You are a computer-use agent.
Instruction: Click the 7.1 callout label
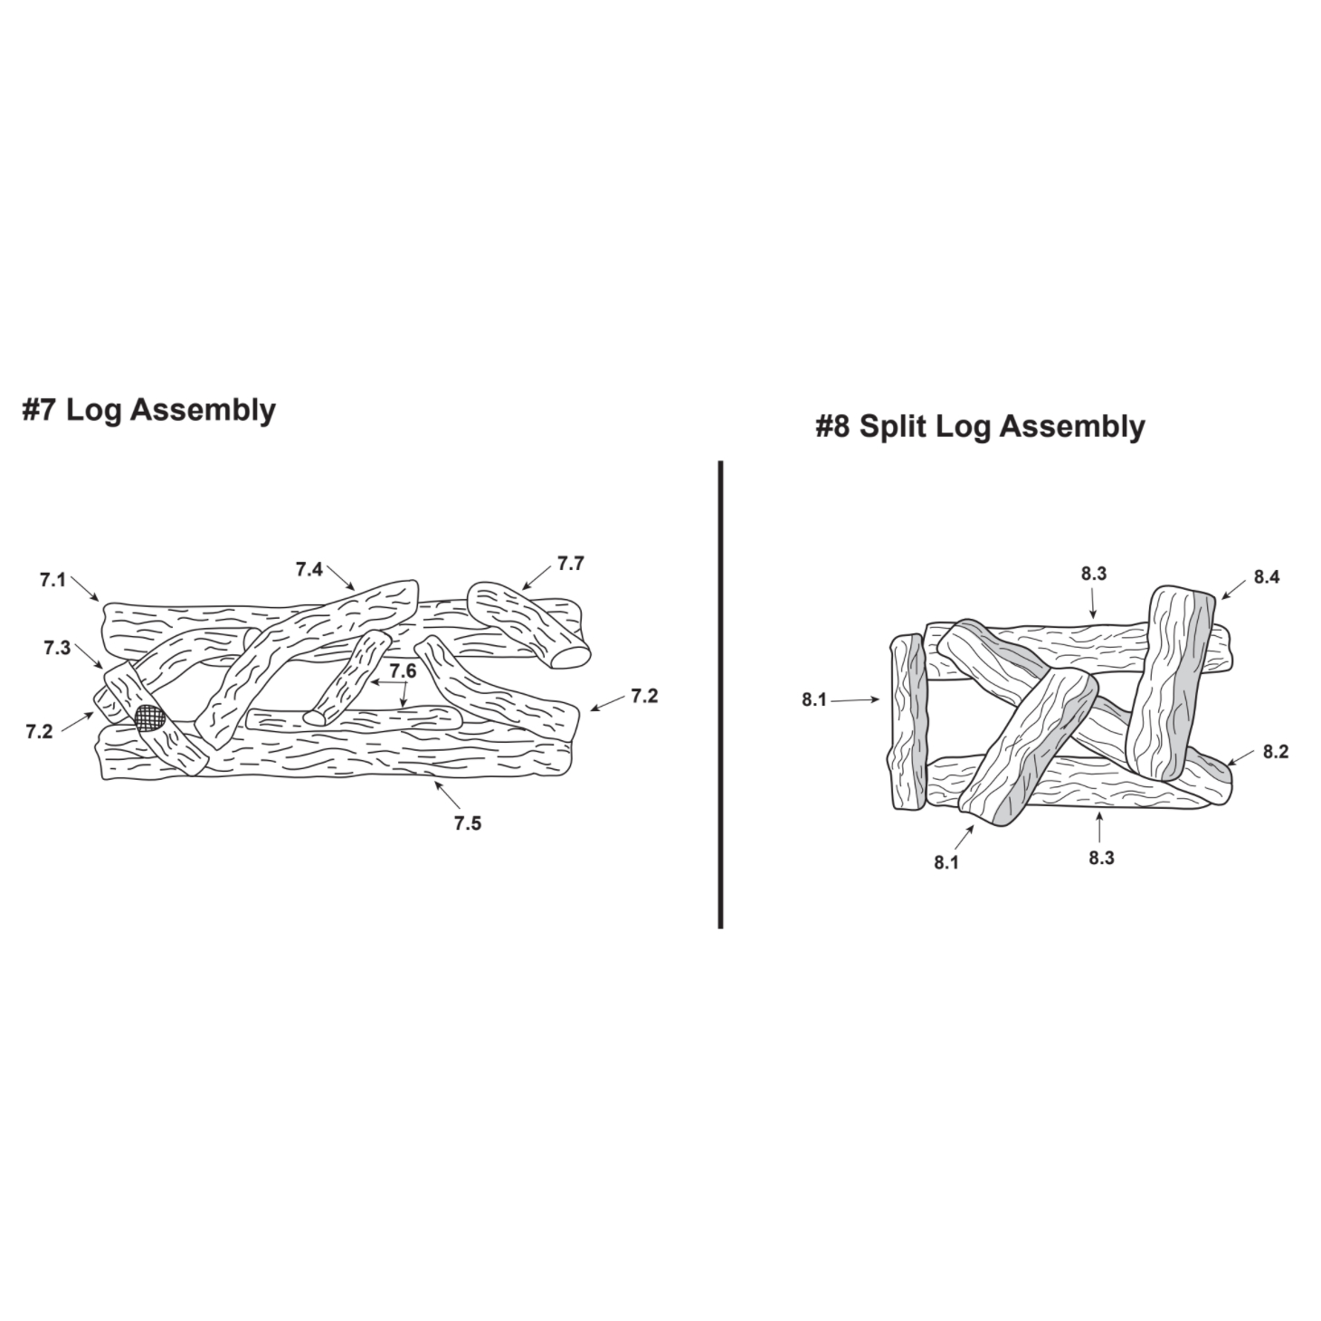52,581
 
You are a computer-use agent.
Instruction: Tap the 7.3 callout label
58,648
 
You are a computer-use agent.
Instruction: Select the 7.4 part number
309,570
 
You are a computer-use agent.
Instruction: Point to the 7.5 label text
468,824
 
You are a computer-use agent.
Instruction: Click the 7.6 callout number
404,671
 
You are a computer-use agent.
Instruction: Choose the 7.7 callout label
570,564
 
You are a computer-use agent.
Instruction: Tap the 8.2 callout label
1276,751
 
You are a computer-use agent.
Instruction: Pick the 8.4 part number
1267,577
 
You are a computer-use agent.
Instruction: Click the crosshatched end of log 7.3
151,718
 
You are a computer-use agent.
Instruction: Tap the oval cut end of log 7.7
571,658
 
